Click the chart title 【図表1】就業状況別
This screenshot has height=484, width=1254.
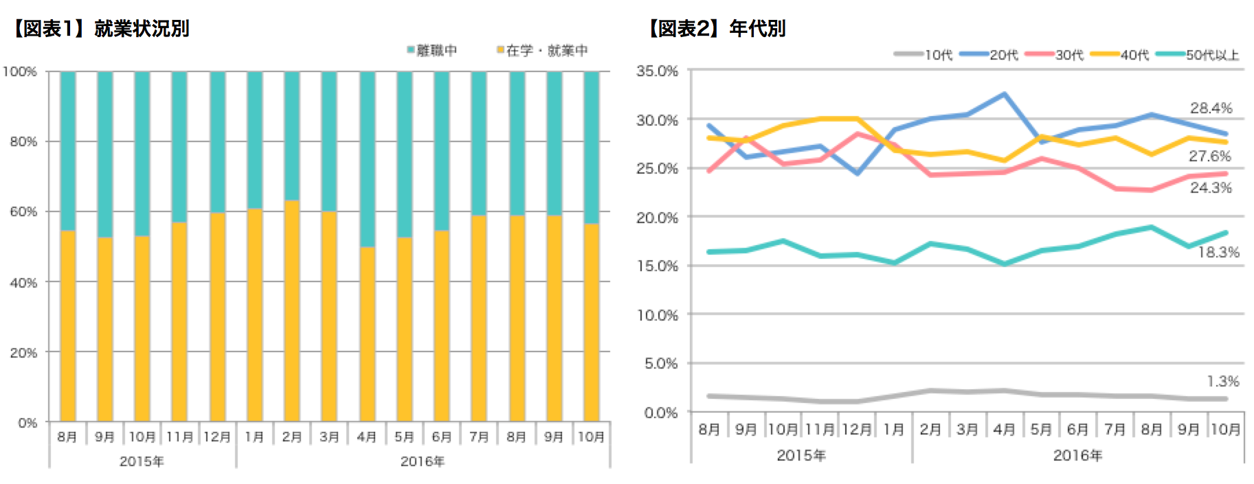click(x=100, y=29)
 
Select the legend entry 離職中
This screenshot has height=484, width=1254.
click(x=432, y=50)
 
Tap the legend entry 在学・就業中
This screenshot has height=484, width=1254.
click(x=543, y=50)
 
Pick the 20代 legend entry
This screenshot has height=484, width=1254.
click(x=989, y=55)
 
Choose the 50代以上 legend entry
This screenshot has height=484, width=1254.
click(x=1199, y=55)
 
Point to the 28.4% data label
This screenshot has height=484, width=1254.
click(x=1211, y=108)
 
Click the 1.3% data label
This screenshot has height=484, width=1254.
click(x=1223, y=381)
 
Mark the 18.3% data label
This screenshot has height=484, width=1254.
click(x=1218, y=252)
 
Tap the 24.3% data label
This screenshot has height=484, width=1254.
click(x=1211, y=187)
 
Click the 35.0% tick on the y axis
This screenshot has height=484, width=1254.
click(x=657, y=71)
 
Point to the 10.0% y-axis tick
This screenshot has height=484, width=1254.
click(x=657, y=315)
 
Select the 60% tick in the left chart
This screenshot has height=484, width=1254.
click(x=23, y=211)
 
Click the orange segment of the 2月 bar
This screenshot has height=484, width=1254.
click(x=292, y=309)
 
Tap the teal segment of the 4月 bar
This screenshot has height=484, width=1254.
click(x=368, y=158)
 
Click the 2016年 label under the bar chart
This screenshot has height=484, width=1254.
click(x=422, y=461)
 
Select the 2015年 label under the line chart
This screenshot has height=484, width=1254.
click(x=801, y=455)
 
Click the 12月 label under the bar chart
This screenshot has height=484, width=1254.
click(x=217, y=437)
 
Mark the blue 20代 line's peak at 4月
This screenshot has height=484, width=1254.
click(x=1004, y=94)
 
